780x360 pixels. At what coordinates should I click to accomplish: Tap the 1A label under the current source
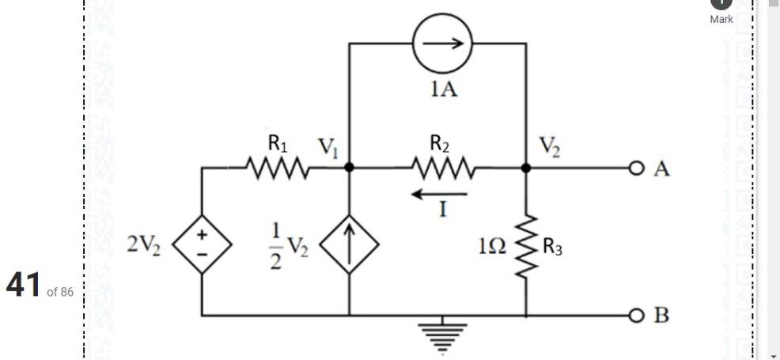443,89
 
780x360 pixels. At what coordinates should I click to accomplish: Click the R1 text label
278,143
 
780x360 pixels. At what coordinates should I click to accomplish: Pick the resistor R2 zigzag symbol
443,168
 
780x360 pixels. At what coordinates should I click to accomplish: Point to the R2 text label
441,143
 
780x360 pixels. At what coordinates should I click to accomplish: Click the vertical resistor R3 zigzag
527,247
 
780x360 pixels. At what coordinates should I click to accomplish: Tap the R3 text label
553,248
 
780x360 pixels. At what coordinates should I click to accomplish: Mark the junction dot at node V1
349,168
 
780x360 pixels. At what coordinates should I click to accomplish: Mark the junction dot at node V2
527,168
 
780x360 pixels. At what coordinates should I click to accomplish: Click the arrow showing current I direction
440,193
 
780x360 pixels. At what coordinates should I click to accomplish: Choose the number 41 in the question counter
24,285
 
